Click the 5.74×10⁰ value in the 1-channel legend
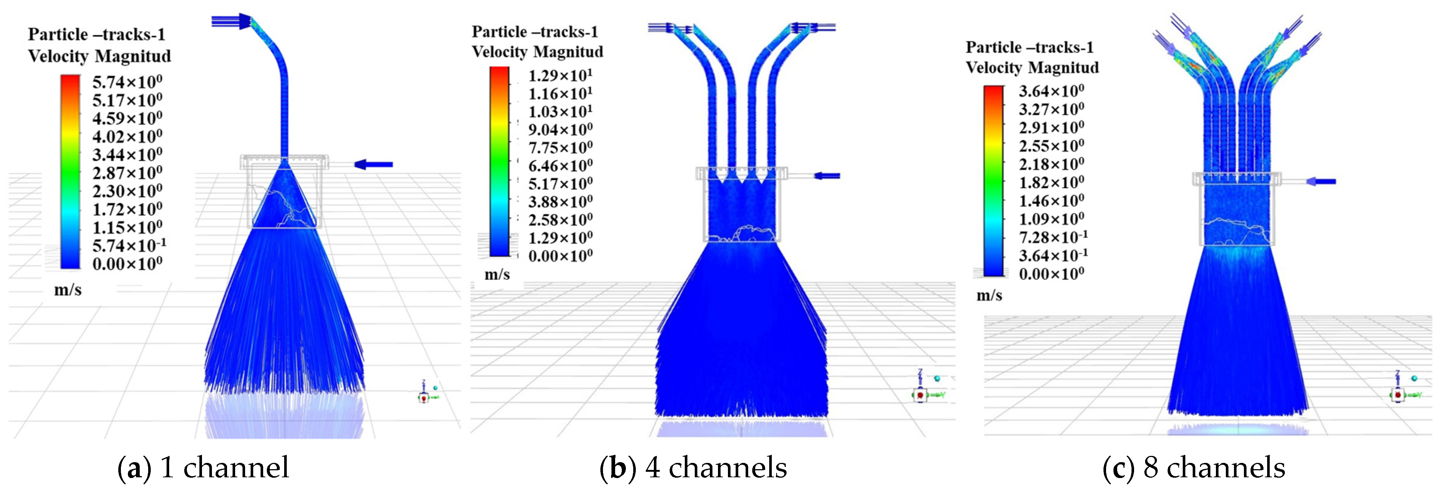[128, 83]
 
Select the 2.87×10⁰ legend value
[128, 173]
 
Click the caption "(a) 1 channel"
[203, 468]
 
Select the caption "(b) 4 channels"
[693, 468]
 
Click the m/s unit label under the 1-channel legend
[68, 290]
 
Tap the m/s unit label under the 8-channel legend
[990, 295]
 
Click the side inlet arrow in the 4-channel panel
[827, 176]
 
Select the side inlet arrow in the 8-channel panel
[1321, 181]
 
